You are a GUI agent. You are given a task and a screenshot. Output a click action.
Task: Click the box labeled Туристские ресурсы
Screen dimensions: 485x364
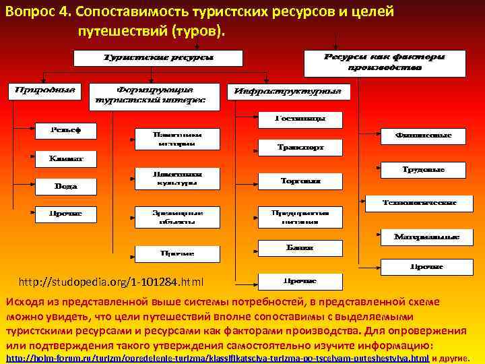pos(158,58)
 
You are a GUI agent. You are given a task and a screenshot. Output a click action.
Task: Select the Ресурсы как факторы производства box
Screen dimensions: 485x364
pos(385,63)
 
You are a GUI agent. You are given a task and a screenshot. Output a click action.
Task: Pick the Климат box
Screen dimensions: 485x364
pos(65,159)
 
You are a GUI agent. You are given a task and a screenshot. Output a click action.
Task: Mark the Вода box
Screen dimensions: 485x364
pos(65,185)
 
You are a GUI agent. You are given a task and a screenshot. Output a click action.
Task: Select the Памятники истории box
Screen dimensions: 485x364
pos(177,139)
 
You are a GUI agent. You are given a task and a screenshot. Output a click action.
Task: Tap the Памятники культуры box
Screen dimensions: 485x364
pos(177,178)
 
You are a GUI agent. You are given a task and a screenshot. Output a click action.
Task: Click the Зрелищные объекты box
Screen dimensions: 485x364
pos(177,216)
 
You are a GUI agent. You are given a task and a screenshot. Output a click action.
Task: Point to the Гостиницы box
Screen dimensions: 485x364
pos(300,119)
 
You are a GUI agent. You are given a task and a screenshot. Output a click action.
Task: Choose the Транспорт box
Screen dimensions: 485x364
pos(300,146)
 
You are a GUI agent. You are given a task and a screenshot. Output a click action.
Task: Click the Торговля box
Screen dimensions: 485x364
pos(300,181)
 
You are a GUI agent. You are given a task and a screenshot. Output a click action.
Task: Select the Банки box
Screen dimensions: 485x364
pos(300,247)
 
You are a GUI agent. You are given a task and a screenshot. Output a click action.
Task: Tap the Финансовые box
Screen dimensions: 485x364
pos(423,136)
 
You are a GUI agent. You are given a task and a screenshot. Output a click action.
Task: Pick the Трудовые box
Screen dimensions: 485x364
pos(423,170)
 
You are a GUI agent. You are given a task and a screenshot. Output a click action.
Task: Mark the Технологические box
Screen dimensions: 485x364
pos(419,202)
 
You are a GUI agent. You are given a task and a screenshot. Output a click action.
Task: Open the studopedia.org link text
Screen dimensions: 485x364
pos(111,280)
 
